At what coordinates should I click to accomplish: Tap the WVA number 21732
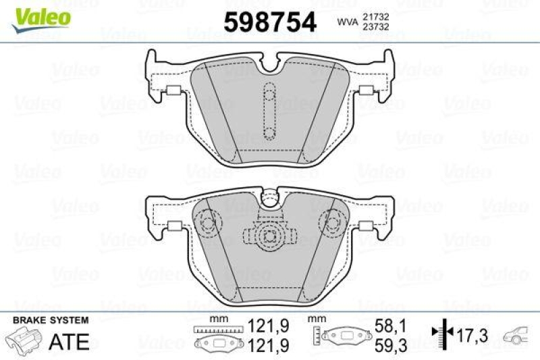point(375,15)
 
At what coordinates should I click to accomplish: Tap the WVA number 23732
point(375,26)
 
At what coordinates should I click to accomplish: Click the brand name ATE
point(70,341)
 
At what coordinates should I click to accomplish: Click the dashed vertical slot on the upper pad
point(269,111)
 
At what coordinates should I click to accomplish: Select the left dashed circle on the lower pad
point(208,220)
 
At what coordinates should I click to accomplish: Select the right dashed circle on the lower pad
point(332,220)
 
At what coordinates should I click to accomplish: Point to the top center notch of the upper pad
point(269,66)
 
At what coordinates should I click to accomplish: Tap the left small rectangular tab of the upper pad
point(171,92)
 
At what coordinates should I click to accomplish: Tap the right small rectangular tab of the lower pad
point(367,226)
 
